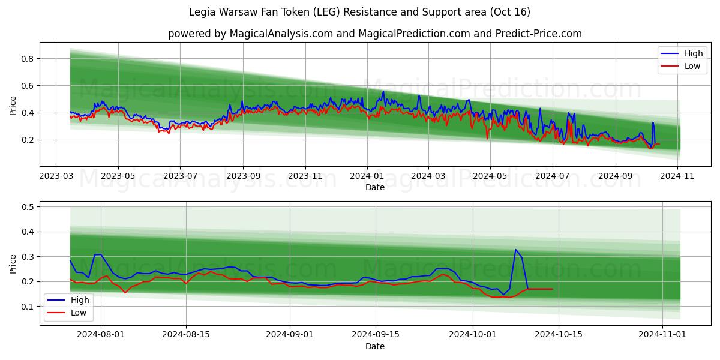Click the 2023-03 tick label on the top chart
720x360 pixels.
(x=56, y=176)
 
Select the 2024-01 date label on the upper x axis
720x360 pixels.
(x=367, y=176)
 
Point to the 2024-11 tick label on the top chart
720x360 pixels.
(x=677, y=176)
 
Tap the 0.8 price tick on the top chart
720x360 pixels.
(x=27, y=59)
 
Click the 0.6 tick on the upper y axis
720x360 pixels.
(x=27, y=86)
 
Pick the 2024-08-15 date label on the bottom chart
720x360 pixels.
(x=186, y=335)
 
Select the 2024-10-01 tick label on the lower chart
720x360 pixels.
(x=473, y=335)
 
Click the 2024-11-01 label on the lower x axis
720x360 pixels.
(x=662, y=335)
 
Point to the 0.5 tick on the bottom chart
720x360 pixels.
(x=27, y=207)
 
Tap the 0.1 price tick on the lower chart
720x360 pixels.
(x=27, y=307)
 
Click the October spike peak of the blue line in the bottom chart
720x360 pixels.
(x=515, y=250)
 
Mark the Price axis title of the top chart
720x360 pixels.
(x=13, y=106)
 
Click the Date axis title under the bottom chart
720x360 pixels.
(x=375, y=346)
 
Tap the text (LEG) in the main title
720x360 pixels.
(x=325, y=12)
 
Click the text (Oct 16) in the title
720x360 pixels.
(x=510, y=12)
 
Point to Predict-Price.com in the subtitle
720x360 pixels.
(x=538, y=34)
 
